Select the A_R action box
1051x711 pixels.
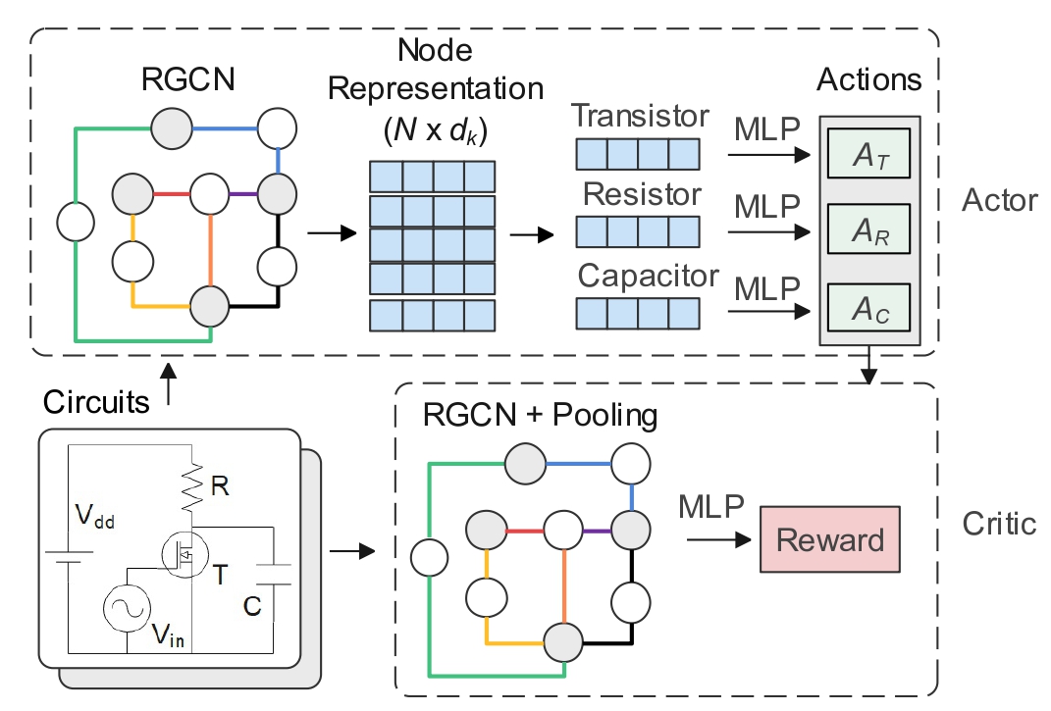[869, 231]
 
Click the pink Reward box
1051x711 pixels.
[829, 539]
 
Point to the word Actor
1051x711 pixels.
[1000, 201]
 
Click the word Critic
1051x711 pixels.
[1000, 524]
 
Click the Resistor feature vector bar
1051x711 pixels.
[637, 232]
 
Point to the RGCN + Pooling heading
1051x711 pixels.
[540, 415]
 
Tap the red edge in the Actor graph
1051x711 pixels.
[172, 192]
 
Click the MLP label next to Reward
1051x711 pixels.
[708, 508]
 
